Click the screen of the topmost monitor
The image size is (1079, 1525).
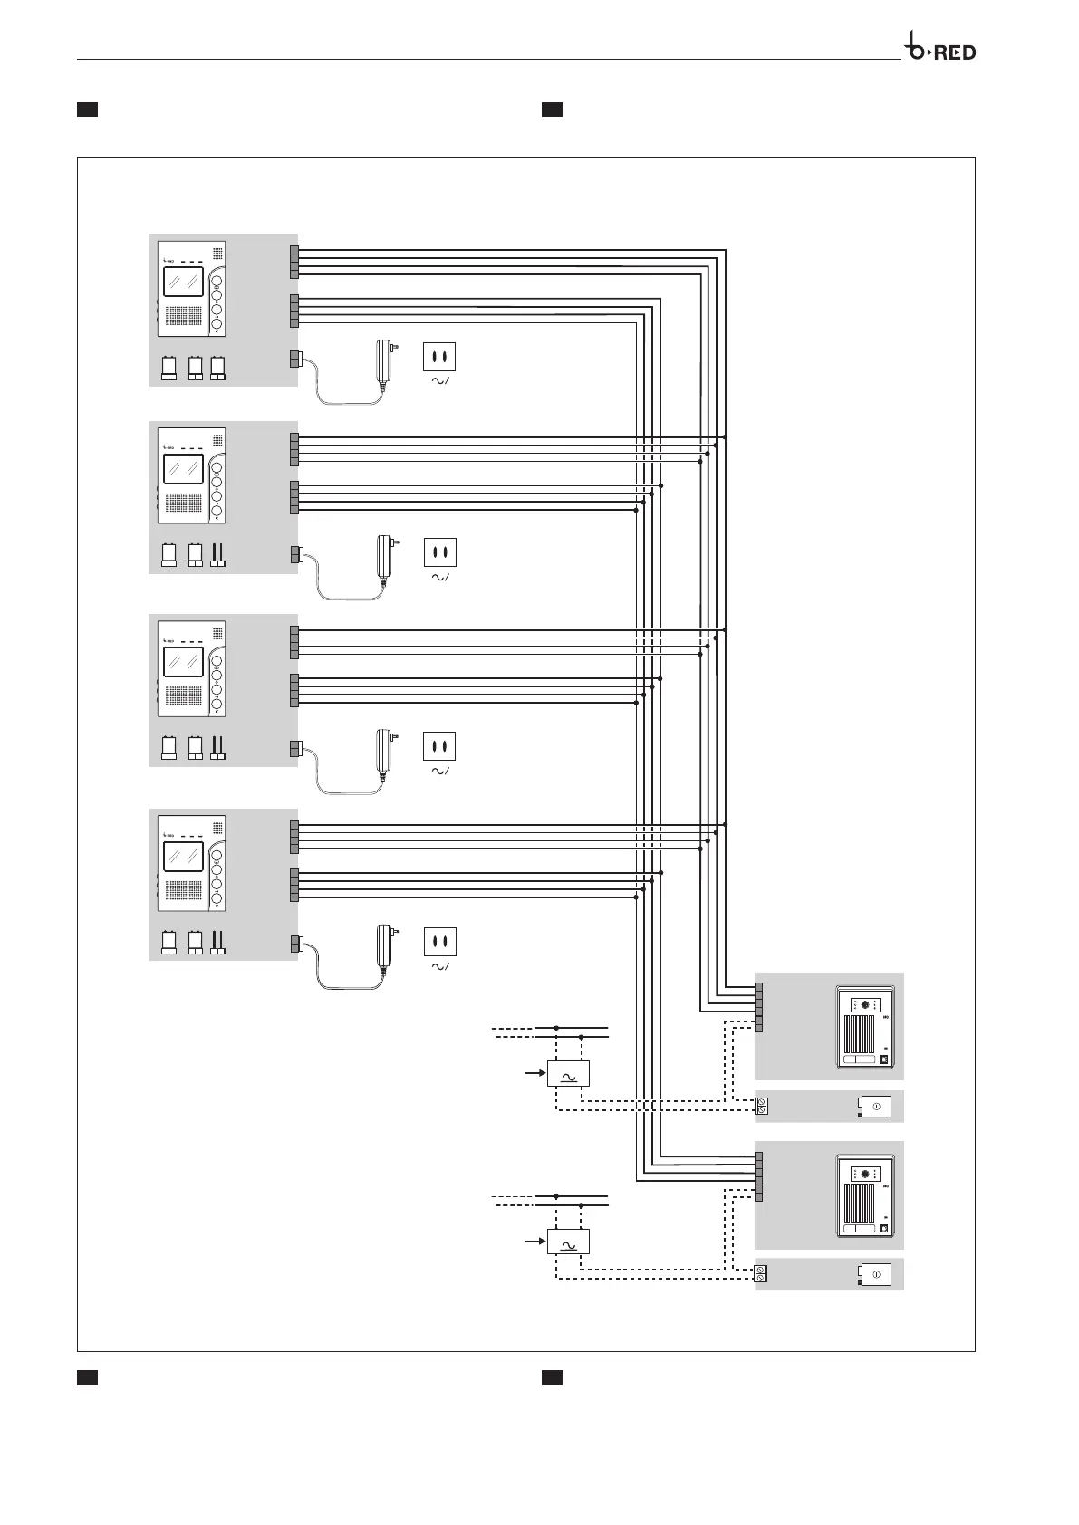(183, 283)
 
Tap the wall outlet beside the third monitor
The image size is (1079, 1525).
(439, 746)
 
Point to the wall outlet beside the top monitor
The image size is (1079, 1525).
(439, 357)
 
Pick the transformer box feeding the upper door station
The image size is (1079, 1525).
(568, 1073)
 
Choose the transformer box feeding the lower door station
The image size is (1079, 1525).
(568, 1242)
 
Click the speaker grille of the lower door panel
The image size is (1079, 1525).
(860, 1203)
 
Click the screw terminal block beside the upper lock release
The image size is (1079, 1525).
(762, 1106)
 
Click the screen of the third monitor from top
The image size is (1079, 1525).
(183, 661)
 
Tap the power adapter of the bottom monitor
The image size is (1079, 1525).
(385, 951)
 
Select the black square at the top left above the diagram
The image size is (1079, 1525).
(87, 110)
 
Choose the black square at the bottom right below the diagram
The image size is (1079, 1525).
(552, 1377)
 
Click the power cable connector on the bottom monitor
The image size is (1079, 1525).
(295, 945)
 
